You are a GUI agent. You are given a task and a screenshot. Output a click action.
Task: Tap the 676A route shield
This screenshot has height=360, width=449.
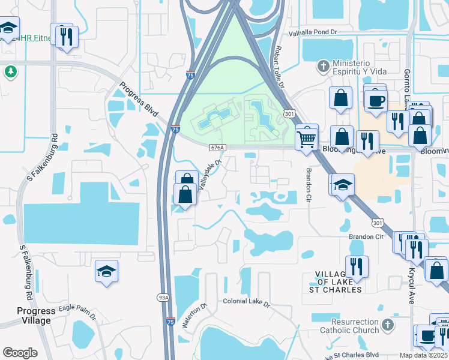[x=217, y=147]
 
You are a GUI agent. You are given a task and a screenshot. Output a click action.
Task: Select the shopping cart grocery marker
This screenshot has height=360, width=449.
[x=307, y=139]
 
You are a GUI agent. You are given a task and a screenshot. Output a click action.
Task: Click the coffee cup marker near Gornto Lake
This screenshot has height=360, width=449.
[x=376, y=100]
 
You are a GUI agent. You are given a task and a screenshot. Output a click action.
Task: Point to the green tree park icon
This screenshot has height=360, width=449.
[x=10, y=72]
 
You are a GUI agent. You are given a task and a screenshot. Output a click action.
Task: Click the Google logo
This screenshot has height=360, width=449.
[x=19, y=352]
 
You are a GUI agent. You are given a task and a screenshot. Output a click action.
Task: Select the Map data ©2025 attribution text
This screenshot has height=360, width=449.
[x=423, y=355]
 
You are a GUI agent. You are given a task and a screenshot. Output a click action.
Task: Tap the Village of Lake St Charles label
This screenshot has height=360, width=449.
[x=340, y=282]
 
